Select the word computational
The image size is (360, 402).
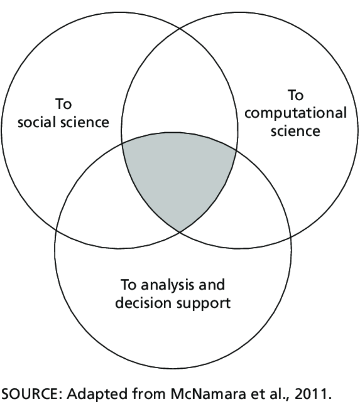tap(295, 113)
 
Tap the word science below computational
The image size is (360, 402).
tap(295, 131)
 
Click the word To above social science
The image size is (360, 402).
tap(63, 104)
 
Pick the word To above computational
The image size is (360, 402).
tap(295, 95)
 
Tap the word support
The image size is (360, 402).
tap(204, 303)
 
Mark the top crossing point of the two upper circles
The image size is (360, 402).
tap(179, 28)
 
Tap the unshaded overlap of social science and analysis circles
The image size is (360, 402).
tap(109, 206)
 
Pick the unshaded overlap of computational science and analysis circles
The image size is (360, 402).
tap(250, 206)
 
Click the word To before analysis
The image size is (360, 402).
tap(128, 285)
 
